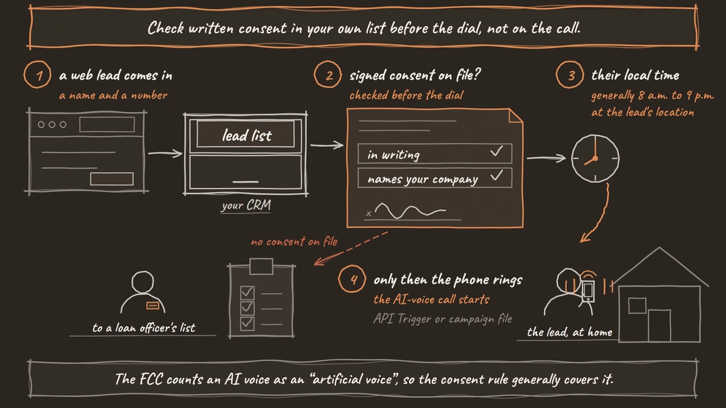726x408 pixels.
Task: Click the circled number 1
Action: [x=38, y=74]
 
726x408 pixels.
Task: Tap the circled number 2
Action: [x=328, y=74]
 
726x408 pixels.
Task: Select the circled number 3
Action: [x=570, y=74]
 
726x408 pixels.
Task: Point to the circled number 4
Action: [x=352, y=279]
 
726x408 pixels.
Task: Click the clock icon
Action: [x=595, y=158]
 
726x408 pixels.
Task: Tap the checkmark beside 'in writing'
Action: [x=497, y=151]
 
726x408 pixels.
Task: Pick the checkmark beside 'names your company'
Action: [x=497, y=175]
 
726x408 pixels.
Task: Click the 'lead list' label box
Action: [x=246, y=134]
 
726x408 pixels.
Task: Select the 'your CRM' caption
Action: [x=246, y=206]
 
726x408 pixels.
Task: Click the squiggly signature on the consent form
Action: [x=410, y=210]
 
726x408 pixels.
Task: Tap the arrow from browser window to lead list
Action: [x=165, y=153]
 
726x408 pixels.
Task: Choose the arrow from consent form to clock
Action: [x=546, y=158]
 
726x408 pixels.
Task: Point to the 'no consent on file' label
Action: [x=294, y=242]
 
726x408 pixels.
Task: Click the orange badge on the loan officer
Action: [x=152, y=305]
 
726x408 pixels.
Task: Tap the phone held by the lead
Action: [x=588, y=291]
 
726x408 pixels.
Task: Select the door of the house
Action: [x=659, y=325]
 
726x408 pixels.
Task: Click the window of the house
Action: [x=637, y=305]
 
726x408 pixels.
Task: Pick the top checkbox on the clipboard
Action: [x=247, y=293]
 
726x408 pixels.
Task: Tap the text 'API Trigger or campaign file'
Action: [x=443, y=319]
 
